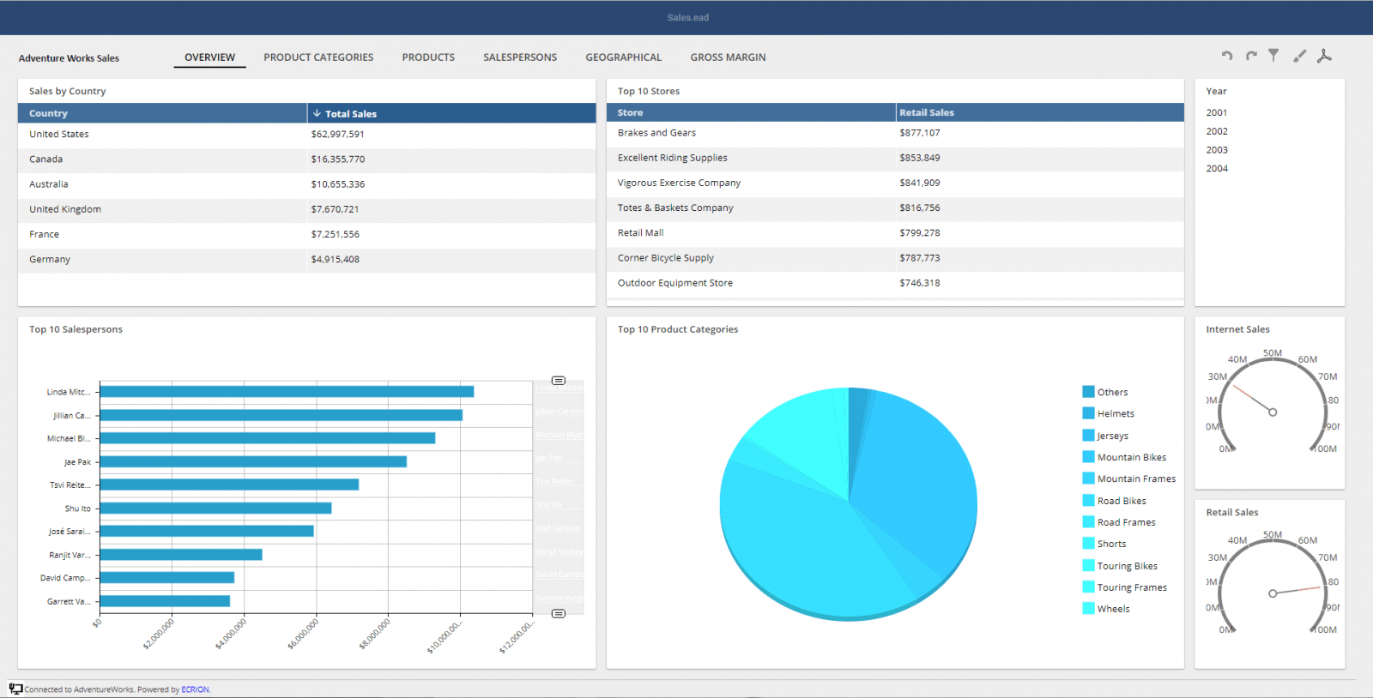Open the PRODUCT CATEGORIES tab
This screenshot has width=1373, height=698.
pos(318,57)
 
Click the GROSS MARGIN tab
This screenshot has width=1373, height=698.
pos(728,57)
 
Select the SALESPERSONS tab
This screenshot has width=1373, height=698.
pos(520,57)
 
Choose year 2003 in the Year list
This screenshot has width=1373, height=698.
pos(1217,150)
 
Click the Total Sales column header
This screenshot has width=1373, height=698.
pos(350,113)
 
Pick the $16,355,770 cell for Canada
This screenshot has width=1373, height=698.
pos(338,159)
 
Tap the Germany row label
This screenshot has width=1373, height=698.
pos(50,260)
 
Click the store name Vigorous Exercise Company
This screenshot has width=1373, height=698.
pos(679,184)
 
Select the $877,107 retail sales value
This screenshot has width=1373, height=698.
pos(920,133)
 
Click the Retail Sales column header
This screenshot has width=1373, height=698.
pos(927,112)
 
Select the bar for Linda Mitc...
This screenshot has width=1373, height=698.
pos(287,392)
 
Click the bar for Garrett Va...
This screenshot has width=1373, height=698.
pos(165,601)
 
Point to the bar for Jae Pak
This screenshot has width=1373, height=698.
pos(253,462)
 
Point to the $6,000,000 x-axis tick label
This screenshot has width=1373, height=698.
pos(304,634)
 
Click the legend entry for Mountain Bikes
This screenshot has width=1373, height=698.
pos(1131,458)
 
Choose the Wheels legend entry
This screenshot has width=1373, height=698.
pos(1113,609)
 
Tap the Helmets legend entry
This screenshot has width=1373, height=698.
pos(1116,414)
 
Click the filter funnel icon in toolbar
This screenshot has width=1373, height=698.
pos(1274,56)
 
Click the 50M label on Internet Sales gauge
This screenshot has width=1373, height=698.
pos(1273,353)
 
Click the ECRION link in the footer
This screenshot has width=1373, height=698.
pos(195,689)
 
